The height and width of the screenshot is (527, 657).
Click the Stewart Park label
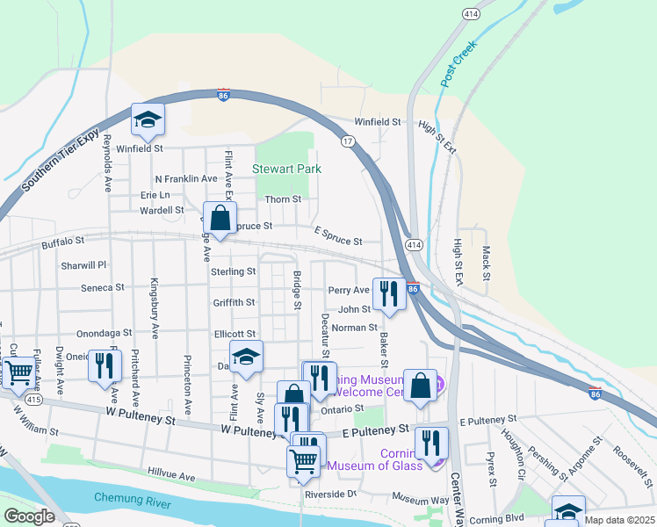tap(286, 169)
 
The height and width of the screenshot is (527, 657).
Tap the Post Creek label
tap(458, 62)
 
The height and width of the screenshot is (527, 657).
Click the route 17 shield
tap(349, 141)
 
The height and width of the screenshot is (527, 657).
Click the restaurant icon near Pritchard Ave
tap(105, 365)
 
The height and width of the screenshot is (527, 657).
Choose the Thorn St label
tap(283, 200)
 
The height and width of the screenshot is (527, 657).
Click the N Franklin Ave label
tap(185, 178)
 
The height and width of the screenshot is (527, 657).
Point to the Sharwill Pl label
tap(83, 264)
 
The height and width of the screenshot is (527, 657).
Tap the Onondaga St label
tap(104, 334)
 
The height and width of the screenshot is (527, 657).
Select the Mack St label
tap(485, 260)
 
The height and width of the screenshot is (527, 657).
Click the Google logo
tap(29, 516)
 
